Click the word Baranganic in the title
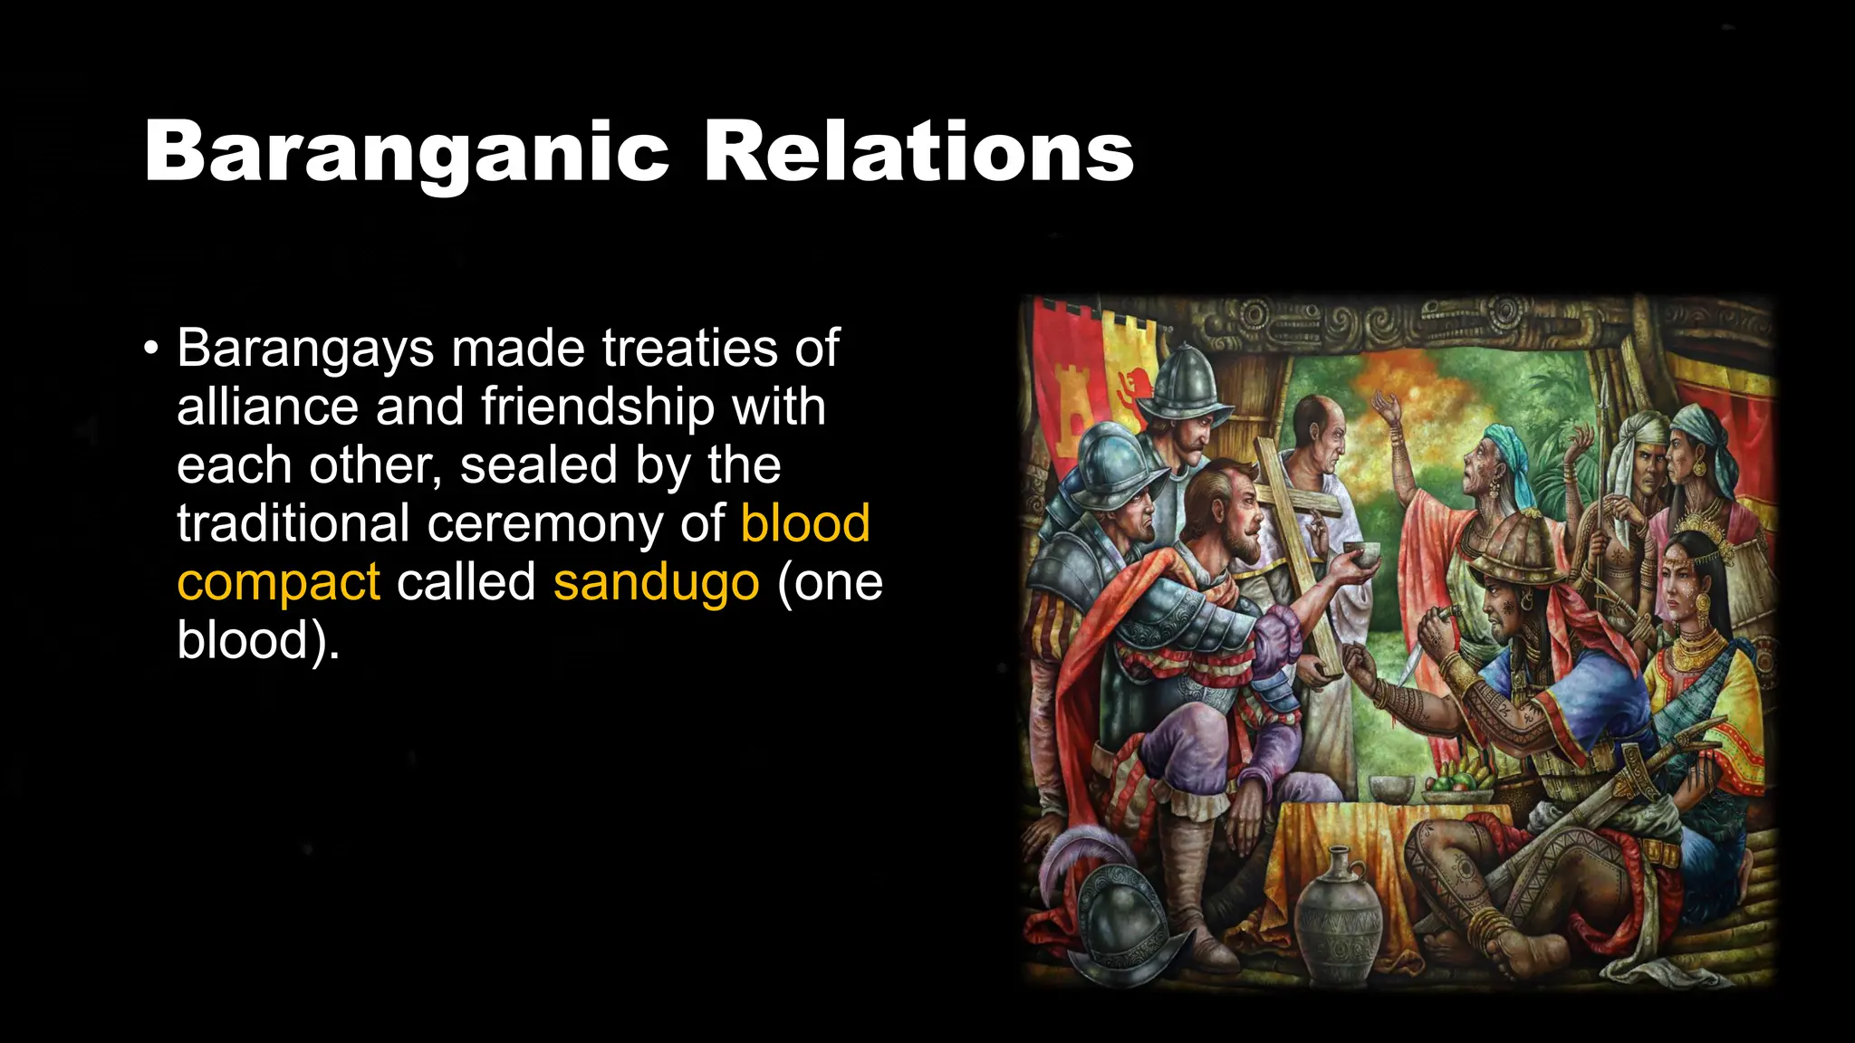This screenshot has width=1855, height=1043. click(407, 152)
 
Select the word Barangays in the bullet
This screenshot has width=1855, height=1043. click(305, 348)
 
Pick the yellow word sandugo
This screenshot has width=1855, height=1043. click(656, 581)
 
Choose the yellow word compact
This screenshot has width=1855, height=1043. click(278, 583)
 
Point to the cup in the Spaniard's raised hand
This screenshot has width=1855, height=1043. click(1360, 552)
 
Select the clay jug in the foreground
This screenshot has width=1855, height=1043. click(1338, 914)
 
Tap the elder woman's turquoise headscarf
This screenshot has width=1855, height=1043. click(1507, 453)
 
